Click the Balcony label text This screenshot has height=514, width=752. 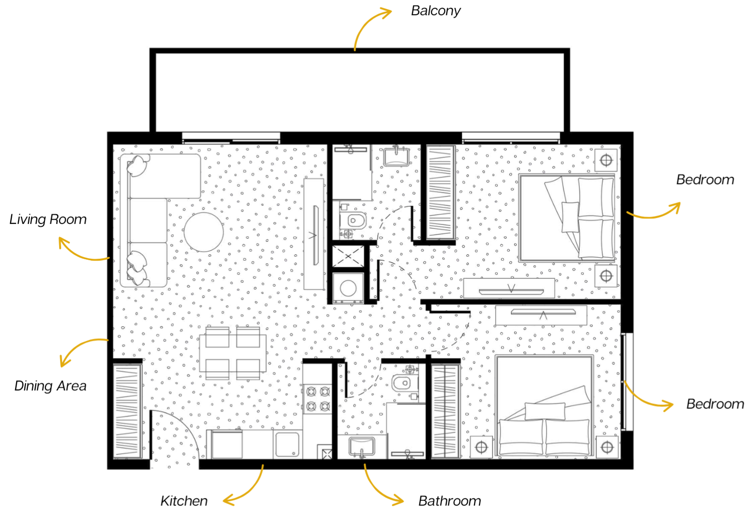(436, 11)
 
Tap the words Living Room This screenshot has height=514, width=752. (48, 220)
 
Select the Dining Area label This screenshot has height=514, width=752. (50, 386)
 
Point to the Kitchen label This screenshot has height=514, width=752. (184, 501)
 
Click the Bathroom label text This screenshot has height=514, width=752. (450, 501)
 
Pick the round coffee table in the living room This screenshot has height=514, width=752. (204, 232)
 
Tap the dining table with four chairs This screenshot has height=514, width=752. (233, 353)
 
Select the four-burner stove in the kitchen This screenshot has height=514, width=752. (318, 399)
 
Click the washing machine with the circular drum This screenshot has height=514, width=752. (348, 288)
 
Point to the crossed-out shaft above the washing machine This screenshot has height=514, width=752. (348, 256)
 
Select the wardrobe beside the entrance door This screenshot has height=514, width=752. (127, 411)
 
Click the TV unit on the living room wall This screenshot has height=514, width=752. (314, 234)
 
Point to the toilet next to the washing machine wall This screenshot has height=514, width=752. (352, 221)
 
